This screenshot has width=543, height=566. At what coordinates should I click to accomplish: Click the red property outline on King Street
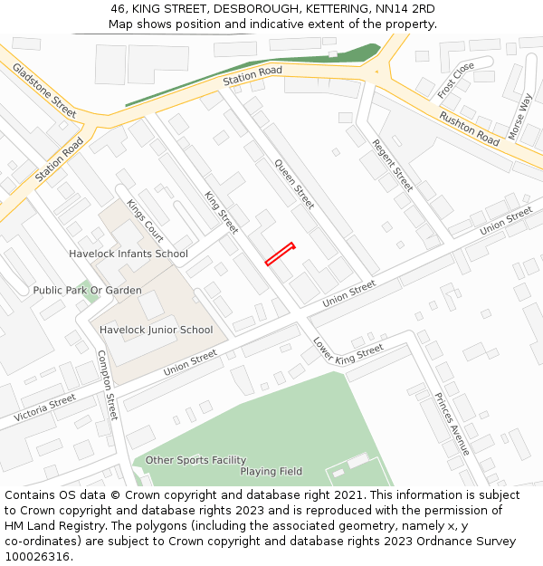coord(280,254)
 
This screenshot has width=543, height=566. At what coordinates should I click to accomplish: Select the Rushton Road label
coord(469,129)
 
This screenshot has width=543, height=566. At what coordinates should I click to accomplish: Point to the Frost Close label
coord(455,81)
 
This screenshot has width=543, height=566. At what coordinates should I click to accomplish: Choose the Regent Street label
coord(393,165)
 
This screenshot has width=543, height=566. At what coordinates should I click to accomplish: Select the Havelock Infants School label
coord(129,254)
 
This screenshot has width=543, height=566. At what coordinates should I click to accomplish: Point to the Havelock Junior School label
coord(157,330)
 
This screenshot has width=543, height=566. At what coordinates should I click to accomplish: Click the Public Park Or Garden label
coord(87,290)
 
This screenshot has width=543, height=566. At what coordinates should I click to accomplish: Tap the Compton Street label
coord(107,385)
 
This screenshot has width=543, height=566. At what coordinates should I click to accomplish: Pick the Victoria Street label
coord(44,408)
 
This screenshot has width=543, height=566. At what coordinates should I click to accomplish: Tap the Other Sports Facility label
coord(195,460)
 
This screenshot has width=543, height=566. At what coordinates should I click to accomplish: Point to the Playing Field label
coord(271,472)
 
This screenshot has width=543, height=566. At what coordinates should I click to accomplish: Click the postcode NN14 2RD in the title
coord(405,9)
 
